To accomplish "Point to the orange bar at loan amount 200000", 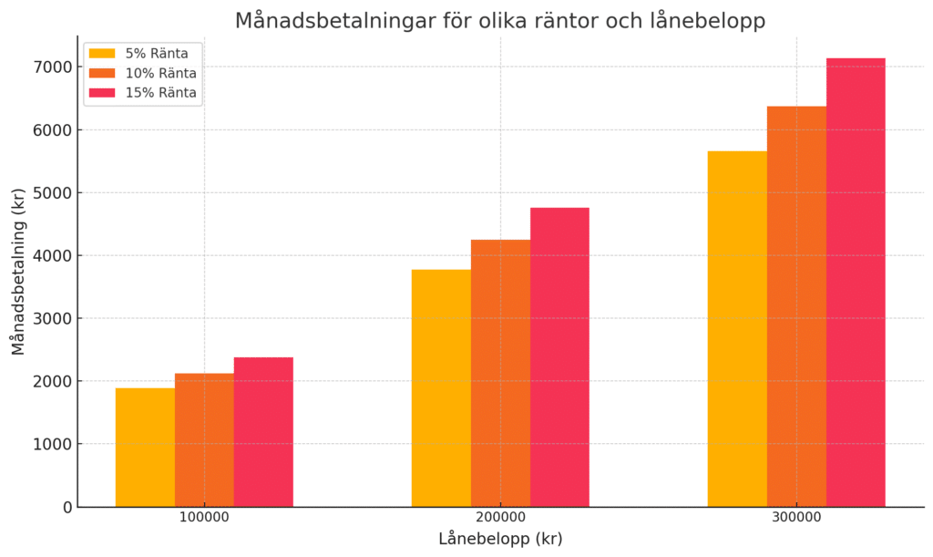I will [500, 373].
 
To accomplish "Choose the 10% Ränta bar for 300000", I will [796, 306].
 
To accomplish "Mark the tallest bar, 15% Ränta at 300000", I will [856, 283].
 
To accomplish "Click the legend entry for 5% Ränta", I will [156, 54].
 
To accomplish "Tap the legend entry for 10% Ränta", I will [160, 73].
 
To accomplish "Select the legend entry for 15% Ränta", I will [160, 92].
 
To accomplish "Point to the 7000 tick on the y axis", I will [53, 67].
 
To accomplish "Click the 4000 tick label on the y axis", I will [53, 256].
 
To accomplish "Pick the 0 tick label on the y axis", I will [67, 508].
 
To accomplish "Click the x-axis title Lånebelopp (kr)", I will [500, 539].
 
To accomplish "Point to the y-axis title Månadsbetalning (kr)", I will [18, 271].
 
